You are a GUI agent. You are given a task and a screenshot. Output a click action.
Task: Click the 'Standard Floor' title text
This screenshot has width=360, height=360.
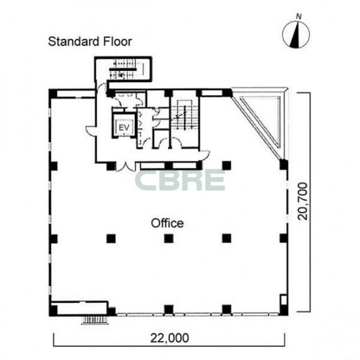click(x=90, y=42)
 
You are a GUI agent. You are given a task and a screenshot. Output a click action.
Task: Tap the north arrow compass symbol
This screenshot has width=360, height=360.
click(x=296, y=35)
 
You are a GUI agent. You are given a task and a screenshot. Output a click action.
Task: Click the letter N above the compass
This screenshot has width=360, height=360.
click(x=298, y=17)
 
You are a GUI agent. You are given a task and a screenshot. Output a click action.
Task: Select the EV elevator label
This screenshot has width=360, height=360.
click(x=124, y=127)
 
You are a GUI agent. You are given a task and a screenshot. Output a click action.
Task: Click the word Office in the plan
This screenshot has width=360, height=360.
click(x=167, y=223)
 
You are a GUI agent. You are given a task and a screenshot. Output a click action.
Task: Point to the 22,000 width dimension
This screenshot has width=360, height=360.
click(x=169, y=337)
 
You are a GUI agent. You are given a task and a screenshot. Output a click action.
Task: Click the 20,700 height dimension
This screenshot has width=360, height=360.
click(x=302, y=201)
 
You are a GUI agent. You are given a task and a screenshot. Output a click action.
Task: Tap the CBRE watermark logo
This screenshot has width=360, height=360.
click(x=180, y=180)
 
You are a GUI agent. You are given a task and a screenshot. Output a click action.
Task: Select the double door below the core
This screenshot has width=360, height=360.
click(x=125, y=167)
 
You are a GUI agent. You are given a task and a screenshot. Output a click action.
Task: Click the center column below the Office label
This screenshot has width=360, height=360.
click(x=169, y=238)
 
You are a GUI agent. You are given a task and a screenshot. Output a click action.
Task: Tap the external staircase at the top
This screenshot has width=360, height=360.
click(x=123, y=69)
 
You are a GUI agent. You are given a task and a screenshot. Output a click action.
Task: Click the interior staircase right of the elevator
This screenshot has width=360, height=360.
click(x=184, y=114)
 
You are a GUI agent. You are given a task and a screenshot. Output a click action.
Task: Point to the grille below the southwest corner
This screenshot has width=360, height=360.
click(x=95, y=320)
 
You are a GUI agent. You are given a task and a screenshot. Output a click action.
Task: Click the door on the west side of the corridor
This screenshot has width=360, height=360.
click(x=91, y=130)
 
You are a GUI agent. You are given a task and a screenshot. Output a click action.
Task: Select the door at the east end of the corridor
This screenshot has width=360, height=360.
click(x=204, y=156)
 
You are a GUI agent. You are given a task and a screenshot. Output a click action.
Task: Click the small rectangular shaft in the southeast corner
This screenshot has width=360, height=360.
click(x=284, y=299)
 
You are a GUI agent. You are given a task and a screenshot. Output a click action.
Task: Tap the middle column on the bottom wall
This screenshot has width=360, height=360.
click(x=169, y=309)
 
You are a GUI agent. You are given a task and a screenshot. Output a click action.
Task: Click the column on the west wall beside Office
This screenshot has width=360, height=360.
click(x=54, y=238)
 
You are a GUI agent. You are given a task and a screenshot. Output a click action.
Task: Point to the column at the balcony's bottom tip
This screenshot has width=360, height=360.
click(x=283, y=165)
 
